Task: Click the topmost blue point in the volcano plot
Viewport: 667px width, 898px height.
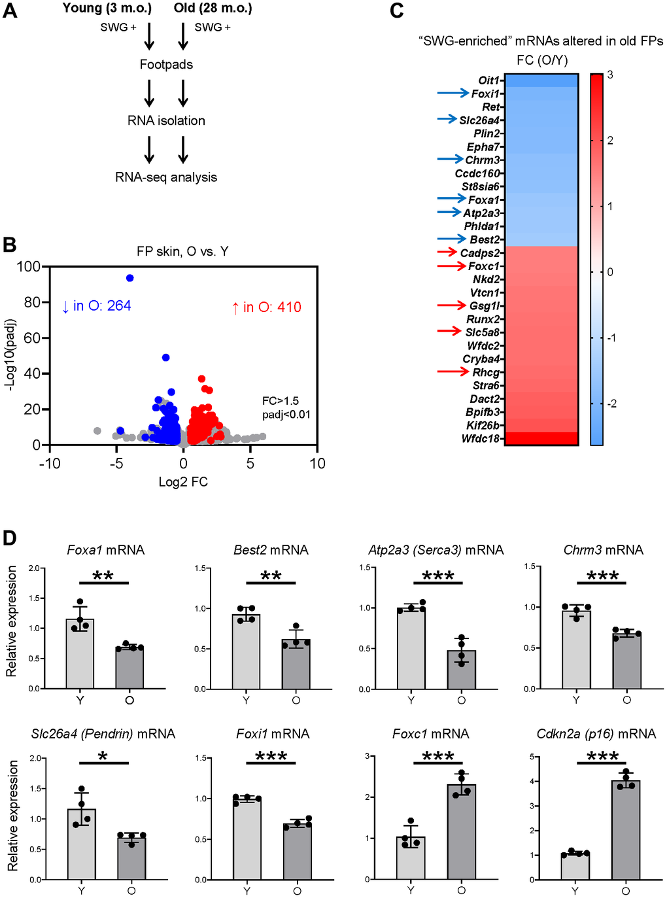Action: tap(129, 278)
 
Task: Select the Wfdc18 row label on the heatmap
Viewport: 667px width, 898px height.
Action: tap(480, 439)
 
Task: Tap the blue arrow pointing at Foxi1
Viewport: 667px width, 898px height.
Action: tap(453, 94)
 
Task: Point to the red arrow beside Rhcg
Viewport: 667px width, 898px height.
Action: tap(453, 371)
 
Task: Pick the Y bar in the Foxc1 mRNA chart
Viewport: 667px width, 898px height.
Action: tap(411, 857)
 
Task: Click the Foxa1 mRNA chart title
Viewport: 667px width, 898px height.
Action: tap(106, 550)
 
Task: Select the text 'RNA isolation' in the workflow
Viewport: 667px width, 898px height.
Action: tap(166, 121)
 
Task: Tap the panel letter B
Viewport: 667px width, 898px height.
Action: tap(9, 245)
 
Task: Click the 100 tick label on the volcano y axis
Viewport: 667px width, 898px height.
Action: tap(28, 267)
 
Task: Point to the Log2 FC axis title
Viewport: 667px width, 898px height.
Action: tap(183, 482)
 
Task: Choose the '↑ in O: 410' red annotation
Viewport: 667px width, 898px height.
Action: tap(266, 307)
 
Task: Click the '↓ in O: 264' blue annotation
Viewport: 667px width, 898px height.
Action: tap(96, 306)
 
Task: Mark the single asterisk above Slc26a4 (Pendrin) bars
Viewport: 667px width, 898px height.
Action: tap(103, 757)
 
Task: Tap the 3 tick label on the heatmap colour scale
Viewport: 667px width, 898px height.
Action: tap(610, 75)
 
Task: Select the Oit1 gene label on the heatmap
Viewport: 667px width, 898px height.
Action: tap(488, 80)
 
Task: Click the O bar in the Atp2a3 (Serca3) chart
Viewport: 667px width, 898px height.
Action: tap(462, 669)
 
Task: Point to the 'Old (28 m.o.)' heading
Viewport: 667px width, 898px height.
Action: tap(213, 9)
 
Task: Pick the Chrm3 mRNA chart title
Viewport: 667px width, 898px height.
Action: tap(603, 550)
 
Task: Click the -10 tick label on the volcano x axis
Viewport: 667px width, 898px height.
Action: tap(50, 464)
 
